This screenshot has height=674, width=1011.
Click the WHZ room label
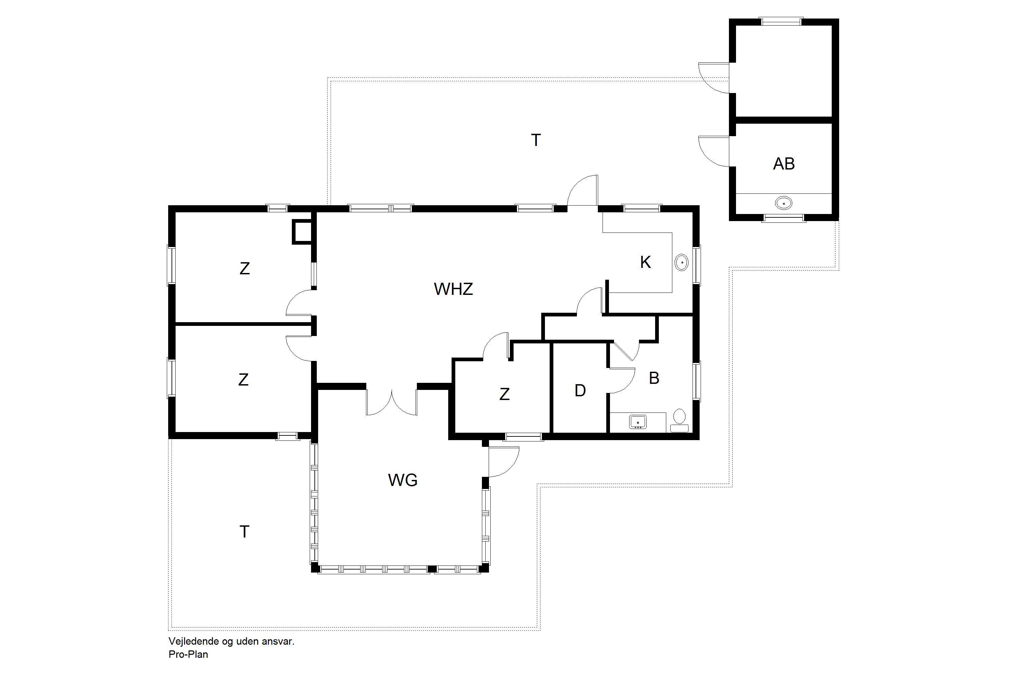454,289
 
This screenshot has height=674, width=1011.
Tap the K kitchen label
645,262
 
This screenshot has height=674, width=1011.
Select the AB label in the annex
784,164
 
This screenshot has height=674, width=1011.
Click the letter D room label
580,391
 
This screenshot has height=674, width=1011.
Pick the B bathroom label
654,378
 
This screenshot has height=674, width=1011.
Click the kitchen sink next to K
682,262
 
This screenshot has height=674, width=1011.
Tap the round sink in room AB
784,203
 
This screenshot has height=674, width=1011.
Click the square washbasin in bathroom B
638,422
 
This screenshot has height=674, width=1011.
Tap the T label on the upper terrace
535,141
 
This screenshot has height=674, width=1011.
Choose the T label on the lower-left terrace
244,532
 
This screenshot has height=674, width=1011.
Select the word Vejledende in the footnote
194,641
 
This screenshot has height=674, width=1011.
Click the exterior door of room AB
714,151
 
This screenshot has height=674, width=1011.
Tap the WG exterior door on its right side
504,462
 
